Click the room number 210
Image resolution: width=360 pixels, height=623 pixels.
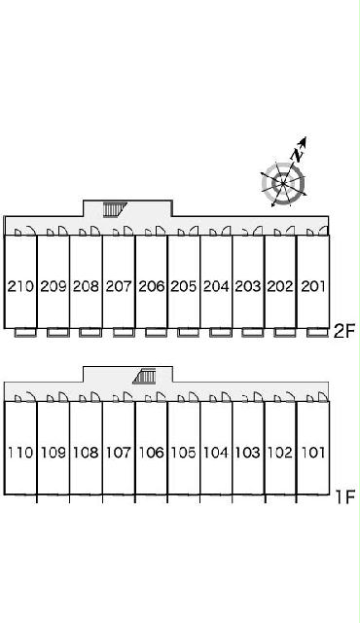point(20,286)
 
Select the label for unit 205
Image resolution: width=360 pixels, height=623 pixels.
point(183,286)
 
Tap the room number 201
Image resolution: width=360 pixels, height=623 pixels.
point(313,286)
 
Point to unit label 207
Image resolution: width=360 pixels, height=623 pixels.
point(119,286)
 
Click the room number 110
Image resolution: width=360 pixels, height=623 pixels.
point(20,452)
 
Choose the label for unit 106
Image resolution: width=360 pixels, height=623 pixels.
point(151,452)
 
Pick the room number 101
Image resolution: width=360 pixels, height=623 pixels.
point(313,452)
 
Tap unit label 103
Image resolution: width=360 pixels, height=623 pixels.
point(248,452)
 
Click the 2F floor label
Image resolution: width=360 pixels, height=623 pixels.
point(343,331)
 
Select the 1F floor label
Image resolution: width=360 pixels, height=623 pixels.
point(344,497)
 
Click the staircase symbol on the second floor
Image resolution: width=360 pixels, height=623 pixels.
point(114,209)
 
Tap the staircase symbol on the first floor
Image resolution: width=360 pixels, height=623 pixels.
point(144,376)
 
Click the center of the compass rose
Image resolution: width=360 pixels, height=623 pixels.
point(283,184)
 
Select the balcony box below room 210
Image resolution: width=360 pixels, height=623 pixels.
point(25,332)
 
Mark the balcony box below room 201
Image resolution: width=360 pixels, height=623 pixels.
point(317,332)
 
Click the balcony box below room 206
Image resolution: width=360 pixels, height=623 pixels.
point(156,332)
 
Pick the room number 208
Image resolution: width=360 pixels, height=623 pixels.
point(86,286)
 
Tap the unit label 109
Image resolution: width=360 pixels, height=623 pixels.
point(54,452)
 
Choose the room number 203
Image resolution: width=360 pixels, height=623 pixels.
point(248,286)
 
